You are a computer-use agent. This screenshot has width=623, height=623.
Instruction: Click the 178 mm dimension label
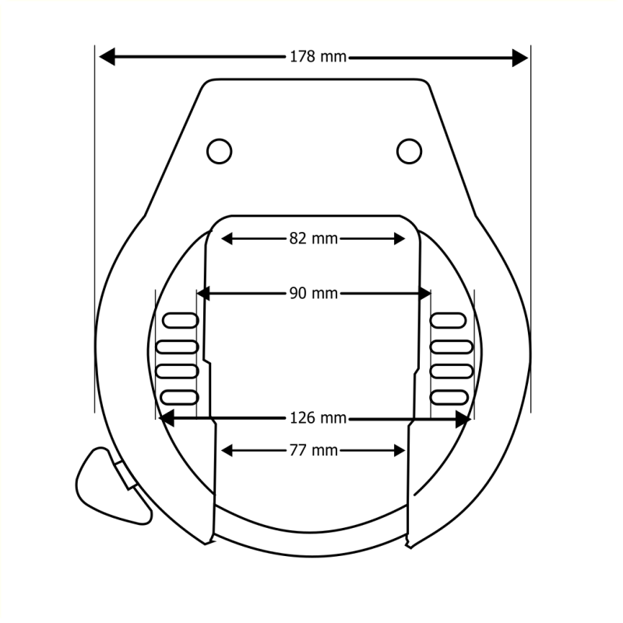[318, 57]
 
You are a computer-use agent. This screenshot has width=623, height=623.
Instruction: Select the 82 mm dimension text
[313, 238]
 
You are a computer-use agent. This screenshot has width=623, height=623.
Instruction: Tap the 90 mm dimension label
[313, 293]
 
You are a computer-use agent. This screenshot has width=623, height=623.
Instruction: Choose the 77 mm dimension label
[313, 450]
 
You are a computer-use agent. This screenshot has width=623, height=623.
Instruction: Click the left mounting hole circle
[220, 150]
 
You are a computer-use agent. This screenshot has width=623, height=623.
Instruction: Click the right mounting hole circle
[409, 150]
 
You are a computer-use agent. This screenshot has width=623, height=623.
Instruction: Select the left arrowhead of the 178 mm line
[107, 57]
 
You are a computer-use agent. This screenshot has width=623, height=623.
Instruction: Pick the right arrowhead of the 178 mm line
[519, 57]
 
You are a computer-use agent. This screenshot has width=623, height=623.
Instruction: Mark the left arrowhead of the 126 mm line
[167, 418]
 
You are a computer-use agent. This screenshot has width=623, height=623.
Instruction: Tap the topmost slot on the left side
[179, 319]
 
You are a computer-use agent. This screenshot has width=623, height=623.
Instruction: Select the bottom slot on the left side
[179, 397]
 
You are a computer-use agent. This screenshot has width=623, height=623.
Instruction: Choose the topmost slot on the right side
[449, 319]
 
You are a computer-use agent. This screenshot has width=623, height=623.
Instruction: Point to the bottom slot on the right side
[449, 397]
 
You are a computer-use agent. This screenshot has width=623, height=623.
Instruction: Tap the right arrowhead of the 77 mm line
[400, 450]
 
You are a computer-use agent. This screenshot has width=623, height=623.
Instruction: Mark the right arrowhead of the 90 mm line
[424, 294]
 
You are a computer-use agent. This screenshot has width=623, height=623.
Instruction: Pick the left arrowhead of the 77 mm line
[227, 450]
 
